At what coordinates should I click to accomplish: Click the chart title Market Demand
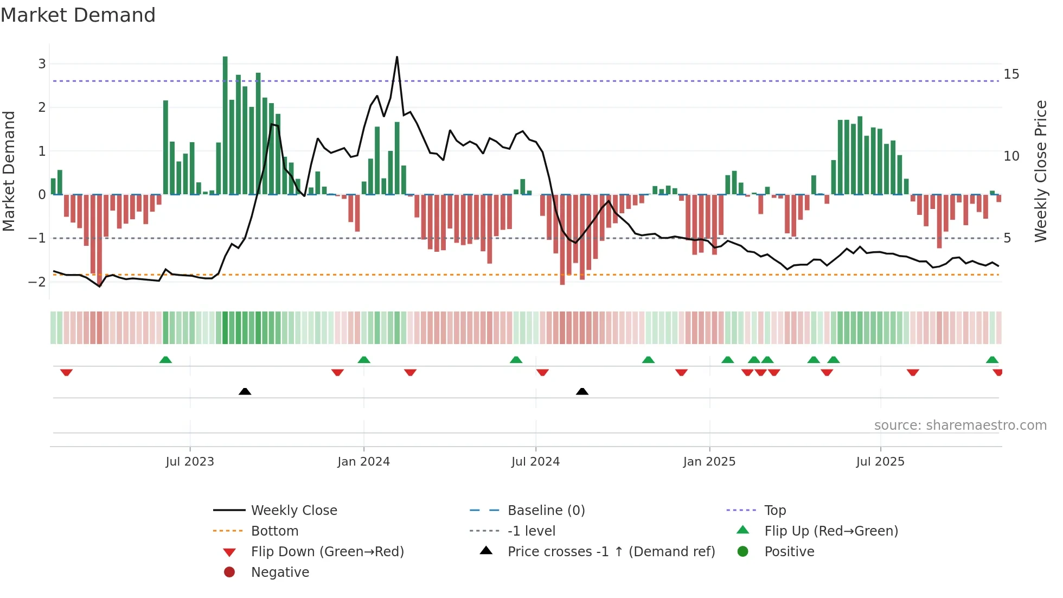click(x=78, y=15)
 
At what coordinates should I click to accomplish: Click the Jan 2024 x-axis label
click(x=363, y=462)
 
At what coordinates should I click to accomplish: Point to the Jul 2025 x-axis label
click(x=880, y=462)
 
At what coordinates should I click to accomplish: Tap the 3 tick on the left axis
click(x=42, y=64)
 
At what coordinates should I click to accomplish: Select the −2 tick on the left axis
click(x=37, y=282)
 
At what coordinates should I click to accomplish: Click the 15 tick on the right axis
click(x=1011, y=74)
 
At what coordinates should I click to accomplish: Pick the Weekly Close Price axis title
click(x=1040, y=171)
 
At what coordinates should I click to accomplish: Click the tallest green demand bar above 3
click(x=225, y=125)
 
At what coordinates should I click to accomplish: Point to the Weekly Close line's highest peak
click(x=397, y=57)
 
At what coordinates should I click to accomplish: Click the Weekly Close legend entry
click(x=293, y=511)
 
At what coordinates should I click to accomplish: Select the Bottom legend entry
click(x=274, y=531)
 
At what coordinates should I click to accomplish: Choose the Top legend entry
click(x=775, y=511)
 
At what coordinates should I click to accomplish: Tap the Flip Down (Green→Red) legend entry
click(x=327, y=552)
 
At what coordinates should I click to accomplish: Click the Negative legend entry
click(x=280, y=572)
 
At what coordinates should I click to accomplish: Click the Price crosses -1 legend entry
click(x=611, y=552)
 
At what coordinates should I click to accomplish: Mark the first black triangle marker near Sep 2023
click(x=245, y=391)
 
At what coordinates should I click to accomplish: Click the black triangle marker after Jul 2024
click(x=582, y=391)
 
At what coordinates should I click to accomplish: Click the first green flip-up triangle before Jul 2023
click(x=165, y=360)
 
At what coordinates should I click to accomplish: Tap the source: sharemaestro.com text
click(x=960, y=425)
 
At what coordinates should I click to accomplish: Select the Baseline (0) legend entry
click(x=546, y=511)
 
